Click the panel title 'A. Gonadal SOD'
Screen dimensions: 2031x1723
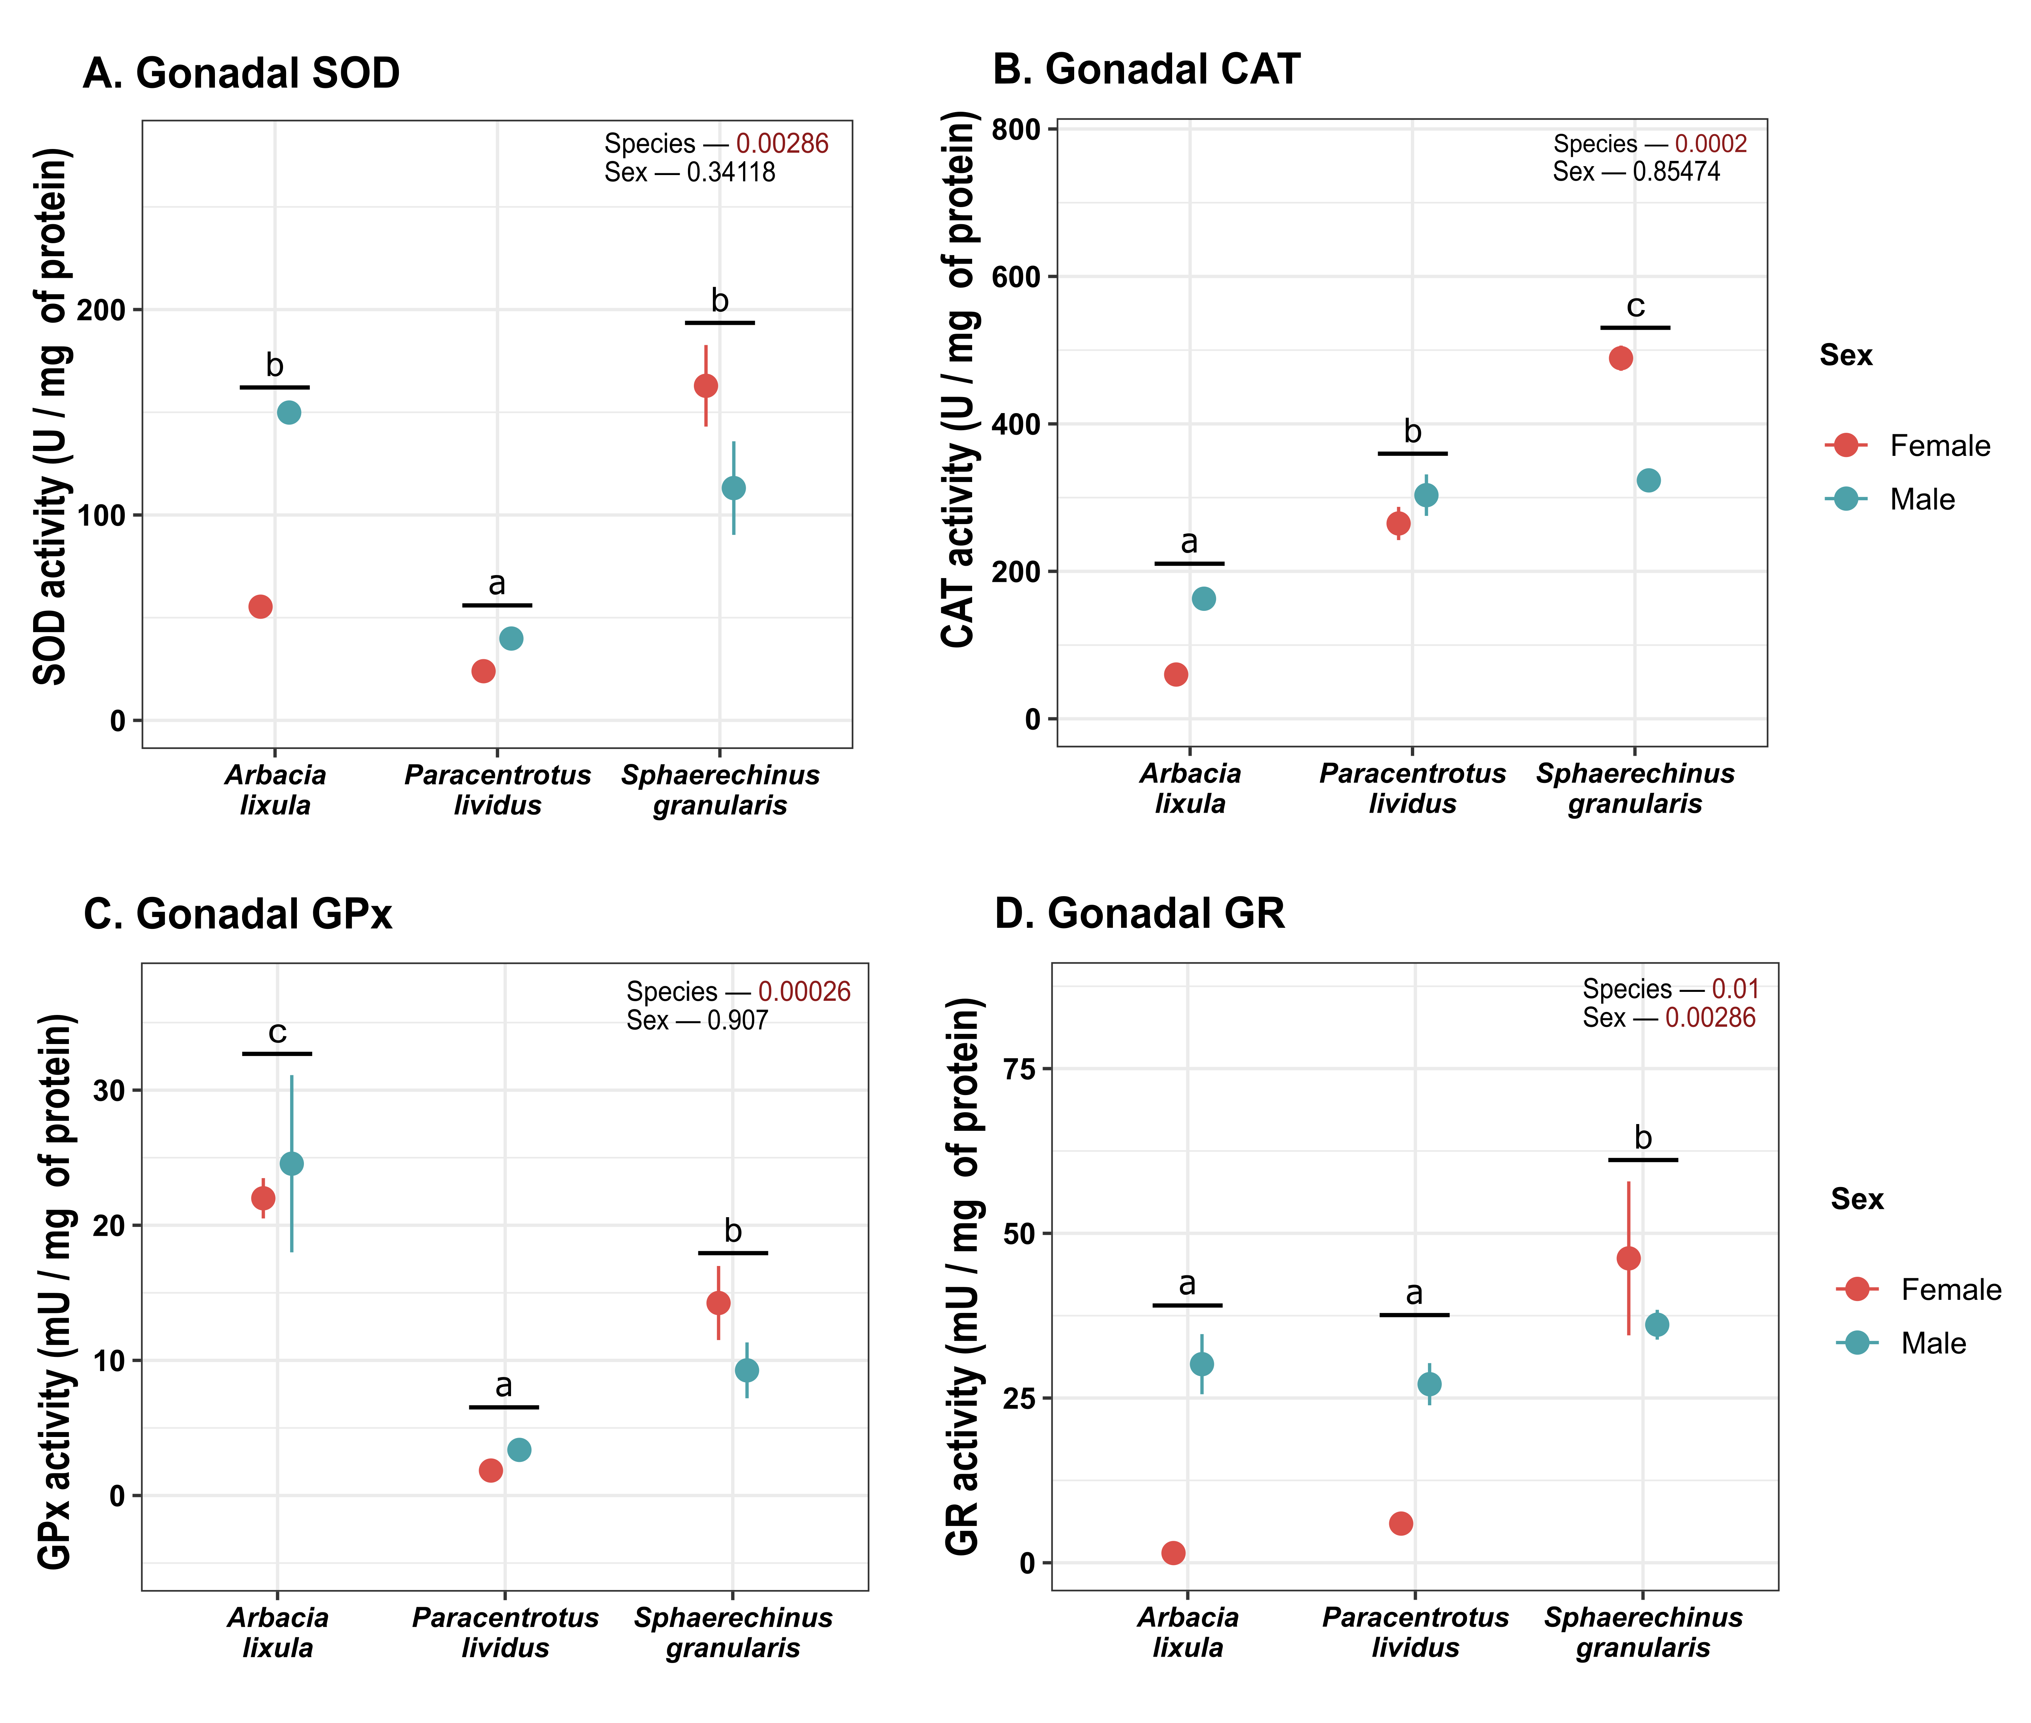[x=241, y=73]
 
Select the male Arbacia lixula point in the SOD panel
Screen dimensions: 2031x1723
[x=288, y=412]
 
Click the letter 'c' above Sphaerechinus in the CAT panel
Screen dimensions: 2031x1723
[x=1634, y=307]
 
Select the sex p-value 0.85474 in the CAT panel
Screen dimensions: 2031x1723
[x=1676, y=172]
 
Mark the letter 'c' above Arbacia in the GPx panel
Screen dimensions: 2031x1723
[x=277, y=1032]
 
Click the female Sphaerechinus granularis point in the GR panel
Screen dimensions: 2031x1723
[x=1628, y=1258]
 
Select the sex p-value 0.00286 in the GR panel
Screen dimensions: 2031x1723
[x=1711, y=1018]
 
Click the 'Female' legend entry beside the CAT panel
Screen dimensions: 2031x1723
[x=1939, y=445]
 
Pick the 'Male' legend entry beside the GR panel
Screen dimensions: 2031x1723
[x=1933, y=1343]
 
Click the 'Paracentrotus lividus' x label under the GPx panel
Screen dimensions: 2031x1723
[x=505, y=1632]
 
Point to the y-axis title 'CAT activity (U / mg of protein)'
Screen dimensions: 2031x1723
[x=959, y=379]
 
